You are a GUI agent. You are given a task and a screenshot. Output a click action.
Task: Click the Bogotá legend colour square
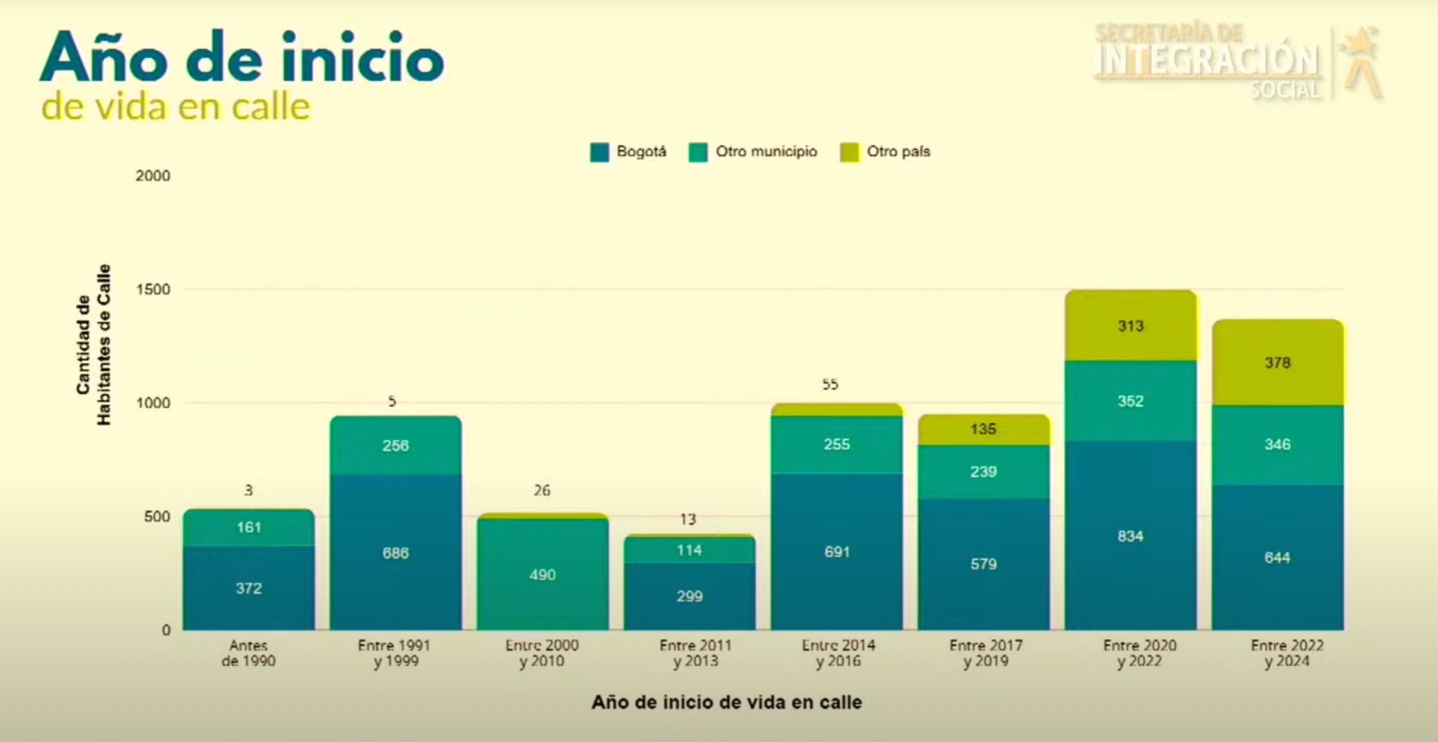[599, 152]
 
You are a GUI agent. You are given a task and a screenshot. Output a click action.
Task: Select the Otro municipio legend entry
[766, 151]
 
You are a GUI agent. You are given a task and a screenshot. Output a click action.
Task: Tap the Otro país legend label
[898, 151]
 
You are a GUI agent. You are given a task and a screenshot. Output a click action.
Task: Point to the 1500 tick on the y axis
[153, 290]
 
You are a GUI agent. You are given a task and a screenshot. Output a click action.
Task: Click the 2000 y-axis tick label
[153, 176]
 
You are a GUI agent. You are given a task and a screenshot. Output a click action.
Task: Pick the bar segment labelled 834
[1131, 536]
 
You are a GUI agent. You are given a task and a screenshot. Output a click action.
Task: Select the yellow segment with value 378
[1277, 363]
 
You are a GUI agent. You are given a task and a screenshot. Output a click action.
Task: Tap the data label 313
[1131, 326]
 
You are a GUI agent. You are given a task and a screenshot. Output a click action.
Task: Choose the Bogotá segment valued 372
[249, 588]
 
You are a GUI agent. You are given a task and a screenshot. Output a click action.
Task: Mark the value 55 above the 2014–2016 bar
[830, 384]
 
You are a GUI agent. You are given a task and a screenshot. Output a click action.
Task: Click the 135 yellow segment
[983, 429]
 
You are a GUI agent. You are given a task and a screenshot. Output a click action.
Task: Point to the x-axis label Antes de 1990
[249, 653]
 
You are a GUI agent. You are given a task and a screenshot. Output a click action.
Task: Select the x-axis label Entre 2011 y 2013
[695, 653]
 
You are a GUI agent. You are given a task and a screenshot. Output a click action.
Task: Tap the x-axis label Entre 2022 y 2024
[1287, 653]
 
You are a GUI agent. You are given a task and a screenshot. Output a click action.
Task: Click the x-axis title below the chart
[726, 702]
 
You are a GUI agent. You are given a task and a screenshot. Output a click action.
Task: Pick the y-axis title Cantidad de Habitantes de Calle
[94, 345]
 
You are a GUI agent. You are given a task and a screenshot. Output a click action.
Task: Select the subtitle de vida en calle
[175, 107]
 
